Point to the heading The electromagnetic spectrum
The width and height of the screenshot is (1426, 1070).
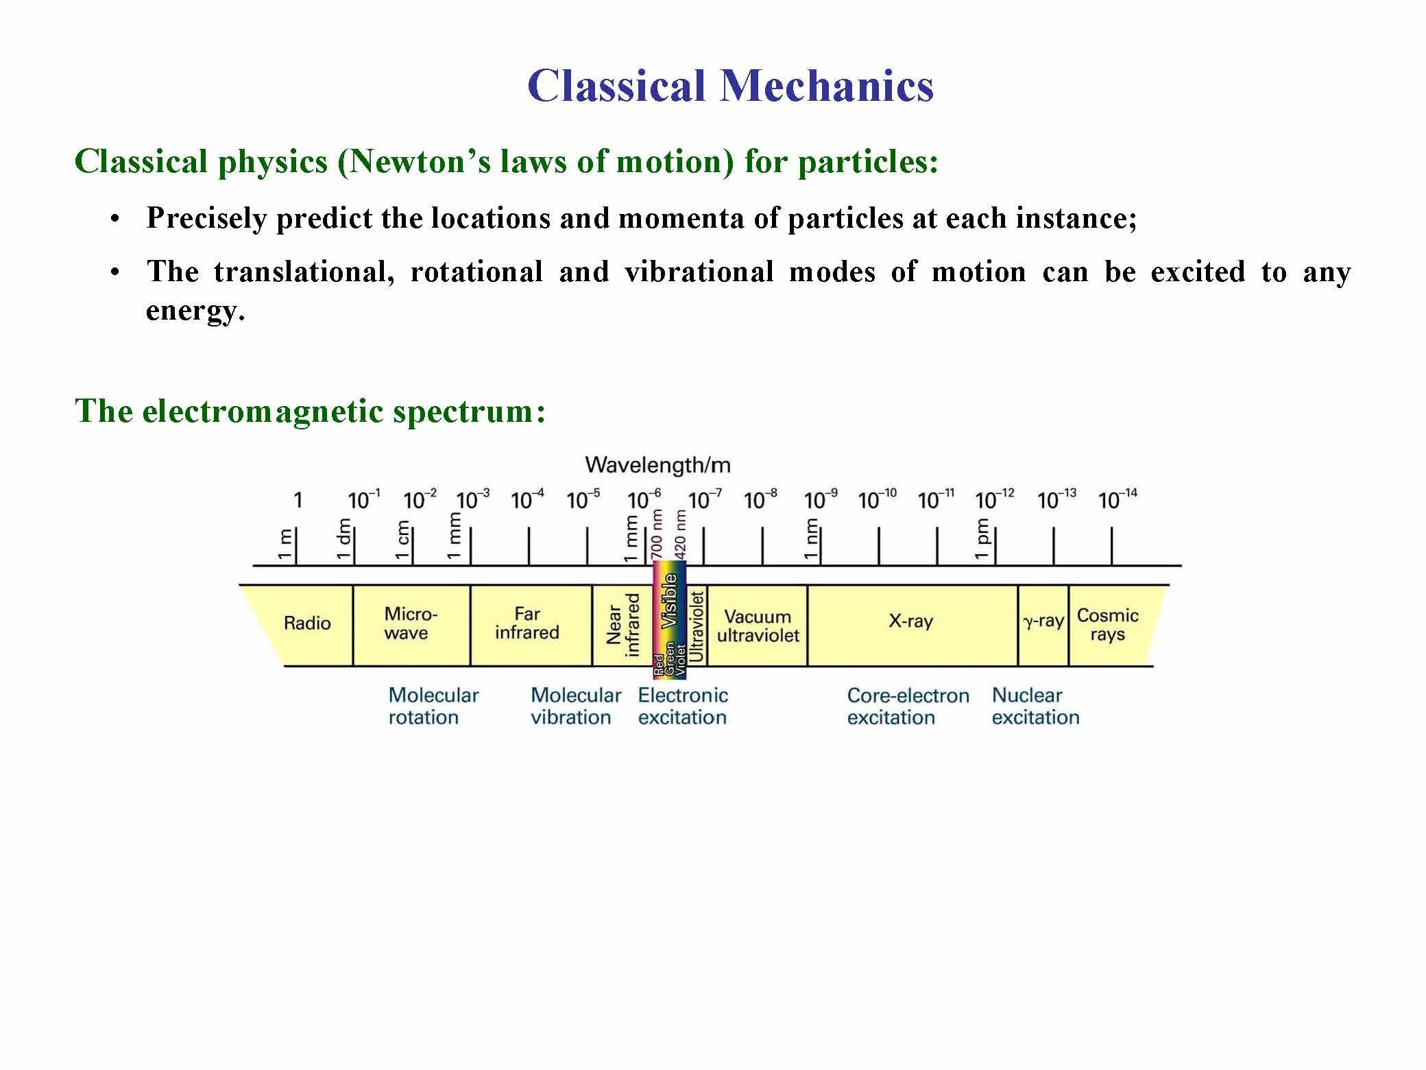pos(310,411)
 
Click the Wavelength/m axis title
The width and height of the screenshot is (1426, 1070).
pos(657,466)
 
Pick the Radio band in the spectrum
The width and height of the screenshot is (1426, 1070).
pos(307,623)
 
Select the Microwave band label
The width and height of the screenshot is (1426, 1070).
pos(410,623)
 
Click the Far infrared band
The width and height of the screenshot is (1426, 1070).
pos(527,623)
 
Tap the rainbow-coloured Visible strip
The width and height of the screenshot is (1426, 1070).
pos(668,617)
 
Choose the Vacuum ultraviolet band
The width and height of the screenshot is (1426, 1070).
pos(758,626)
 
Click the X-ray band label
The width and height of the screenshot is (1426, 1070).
pos(910,622)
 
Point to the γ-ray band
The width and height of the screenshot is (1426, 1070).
pos(1043,622)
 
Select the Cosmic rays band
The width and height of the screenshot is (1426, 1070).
pos(1107,625)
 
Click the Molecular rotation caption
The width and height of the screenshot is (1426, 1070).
pos(433,706)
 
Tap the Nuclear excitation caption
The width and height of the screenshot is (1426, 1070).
pos(1035,706)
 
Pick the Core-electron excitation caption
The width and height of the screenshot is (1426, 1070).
pos(908,706)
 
